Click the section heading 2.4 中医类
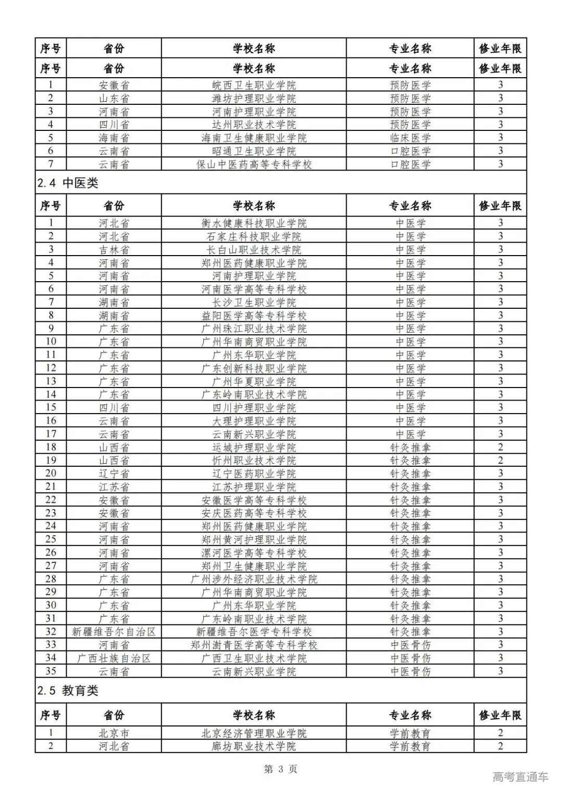coord(68,183)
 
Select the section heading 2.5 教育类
coord(68,691)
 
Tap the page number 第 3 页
coord(280,769)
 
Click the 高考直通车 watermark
coord(520,777)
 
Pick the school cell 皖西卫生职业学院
coord(254,85)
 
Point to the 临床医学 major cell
coord(410,138)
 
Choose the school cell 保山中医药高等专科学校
coord(254,164)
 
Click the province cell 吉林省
coord(114,249)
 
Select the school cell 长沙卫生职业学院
coord(254,302)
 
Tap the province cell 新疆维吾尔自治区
coord(114,632)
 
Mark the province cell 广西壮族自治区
coord(114,658)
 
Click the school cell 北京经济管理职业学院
coord(254,733)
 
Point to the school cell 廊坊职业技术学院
coord(254,746)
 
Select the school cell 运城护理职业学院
coord(254,448)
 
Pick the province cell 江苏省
coord(114,487)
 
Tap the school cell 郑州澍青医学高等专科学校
coord(254,645)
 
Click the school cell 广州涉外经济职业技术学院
coord(254,579)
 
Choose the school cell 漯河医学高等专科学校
coord(254,553)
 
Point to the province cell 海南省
coord(114,138)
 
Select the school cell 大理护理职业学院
coord(254,421)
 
